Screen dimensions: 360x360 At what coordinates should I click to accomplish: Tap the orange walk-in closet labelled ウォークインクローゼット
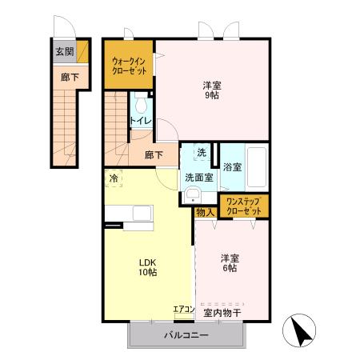[x=129, y=65]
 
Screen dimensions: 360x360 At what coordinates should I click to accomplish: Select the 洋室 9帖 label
[x=210, y=88]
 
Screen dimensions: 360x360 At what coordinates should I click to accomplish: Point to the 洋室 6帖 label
[x=229, y=263]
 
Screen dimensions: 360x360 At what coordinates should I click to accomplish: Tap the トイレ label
[x=141, y=122]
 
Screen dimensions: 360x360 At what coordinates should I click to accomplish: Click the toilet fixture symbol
[x=142, y=104]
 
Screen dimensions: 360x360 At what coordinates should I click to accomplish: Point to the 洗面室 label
[x=198, y=177]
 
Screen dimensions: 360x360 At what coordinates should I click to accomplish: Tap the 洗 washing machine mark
[x=201, y=153]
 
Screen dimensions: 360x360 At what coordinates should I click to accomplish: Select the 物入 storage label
[x=205, y=212]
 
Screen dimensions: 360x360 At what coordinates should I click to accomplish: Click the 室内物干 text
[x=222, y=311]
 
